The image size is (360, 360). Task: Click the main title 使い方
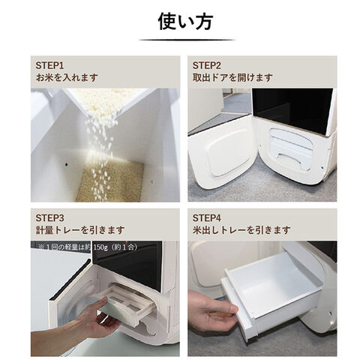point(185,22)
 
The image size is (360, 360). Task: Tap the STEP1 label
point(49,66)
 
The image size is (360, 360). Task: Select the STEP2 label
point(207,66)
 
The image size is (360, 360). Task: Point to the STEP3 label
point(49,218)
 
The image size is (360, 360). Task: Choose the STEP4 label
point(207,218)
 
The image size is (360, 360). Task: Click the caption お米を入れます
point(67,77)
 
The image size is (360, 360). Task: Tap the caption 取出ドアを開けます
point(232,77)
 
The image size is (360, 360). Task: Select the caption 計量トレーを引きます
point(80,230)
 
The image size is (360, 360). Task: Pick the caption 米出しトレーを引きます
point(241,230)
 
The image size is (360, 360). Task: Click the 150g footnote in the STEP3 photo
point(88,247)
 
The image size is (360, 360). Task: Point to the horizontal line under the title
point(187,40)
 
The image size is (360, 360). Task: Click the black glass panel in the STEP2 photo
point(292,110)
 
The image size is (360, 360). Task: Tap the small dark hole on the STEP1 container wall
point(67,164)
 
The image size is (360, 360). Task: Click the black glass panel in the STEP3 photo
point(127,265)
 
